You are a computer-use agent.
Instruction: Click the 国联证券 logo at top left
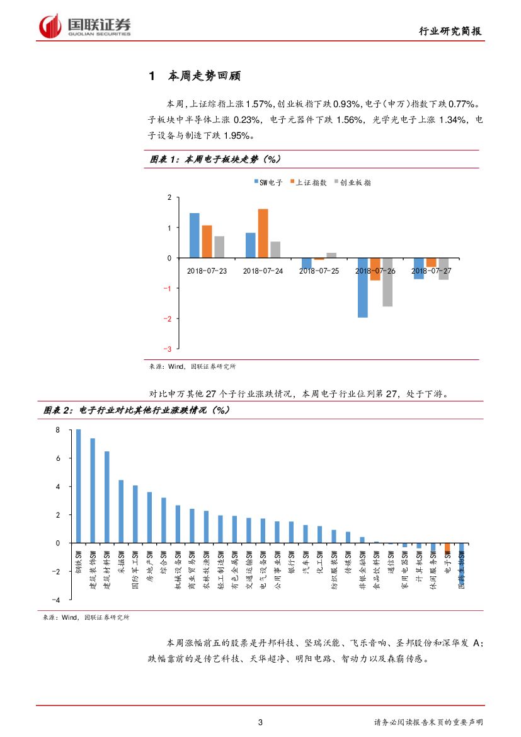pyautogui.click(x=84, y=26)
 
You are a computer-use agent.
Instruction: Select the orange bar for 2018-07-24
pyautogui.click(x=263, y=233)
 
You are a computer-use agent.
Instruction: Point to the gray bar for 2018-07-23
pyautogui.click(x=219, y=247)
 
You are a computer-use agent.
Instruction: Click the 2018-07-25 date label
pyautogui.click(x=319, y=270)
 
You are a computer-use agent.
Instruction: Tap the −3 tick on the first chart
pyautogui.click(x=168, y=349)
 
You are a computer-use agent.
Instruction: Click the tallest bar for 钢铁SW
pyautogui.click(x=78, y=486)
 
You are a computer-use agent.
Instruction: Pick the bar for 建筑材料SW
pyautogui.click(x=106, y=497)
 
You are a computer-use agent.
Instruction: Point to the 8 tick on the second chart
pyautogui.click(x=57, y=430)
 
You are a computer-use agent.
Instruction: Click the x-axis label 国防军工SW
pyautogui.click(x=135, y=568)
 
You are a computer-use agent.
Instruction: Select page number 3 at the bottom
pyautogui.click(x=260, y=722)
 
